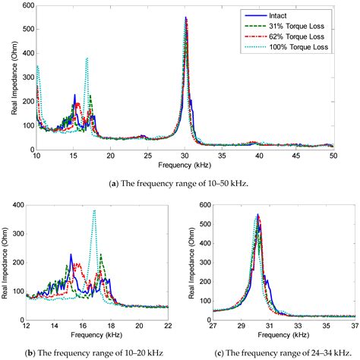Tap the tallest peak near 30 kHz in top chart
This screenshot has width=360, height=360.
pos(185,18)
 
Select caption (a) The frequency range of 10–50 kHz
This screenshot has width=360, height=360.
pos(180,181)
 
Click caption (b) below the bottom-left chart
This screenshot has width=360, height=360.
pos(90,349)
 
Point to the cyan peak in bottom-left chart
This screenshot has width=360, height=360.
pos(94,211)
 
